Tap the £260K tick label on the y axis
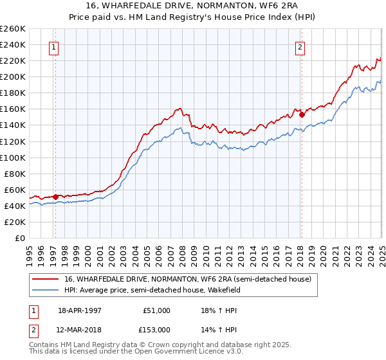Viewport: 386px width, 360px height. [13, 29]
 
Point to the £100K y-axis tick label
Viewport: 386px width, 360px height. [13, 157]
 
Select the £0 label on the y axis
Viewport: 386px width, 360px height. [19, 238]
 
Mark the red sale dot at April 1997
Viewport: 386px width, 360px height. [56, 197]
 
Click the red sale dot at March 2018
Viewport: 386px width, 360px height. [302, 114]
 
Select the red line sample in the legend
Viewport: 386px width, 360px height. [46, 279]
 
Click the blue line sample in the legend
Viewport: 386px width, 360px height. [46, 289]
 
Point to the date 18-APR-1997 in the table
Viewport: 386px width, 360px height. [80, 310]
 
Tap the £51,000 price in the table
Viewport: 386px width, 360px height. [157, 310]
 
